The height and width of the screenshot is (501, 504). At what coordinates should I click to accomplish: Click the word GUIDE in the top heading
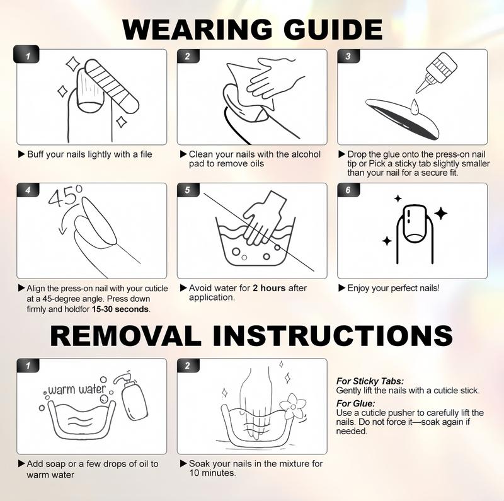333,29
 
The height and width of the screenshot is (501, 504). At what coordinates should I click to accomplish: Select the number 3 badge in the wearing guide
348,56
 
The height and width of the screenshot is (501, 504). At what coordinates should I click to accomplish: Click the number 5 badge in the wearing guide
188,190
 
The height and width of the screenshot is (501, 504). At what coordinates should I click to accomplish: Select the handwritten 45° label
66,196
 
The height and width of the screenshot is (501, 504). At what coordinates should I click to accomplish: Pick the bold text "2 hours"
269,288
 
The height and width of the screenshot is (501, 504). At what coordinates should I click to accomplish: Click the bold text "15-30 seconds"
120,309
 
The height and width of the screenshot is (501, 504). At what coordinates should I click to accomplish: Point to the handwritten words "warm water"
76,390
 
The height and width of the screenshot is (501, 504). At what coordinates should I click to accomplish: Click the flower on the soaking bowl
293,406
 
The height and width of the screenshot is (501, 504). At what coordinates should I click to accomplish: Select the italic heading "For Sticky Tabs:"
370,381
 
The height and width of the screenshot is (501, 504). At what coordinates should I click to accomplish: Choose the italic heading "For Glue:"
355,403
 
